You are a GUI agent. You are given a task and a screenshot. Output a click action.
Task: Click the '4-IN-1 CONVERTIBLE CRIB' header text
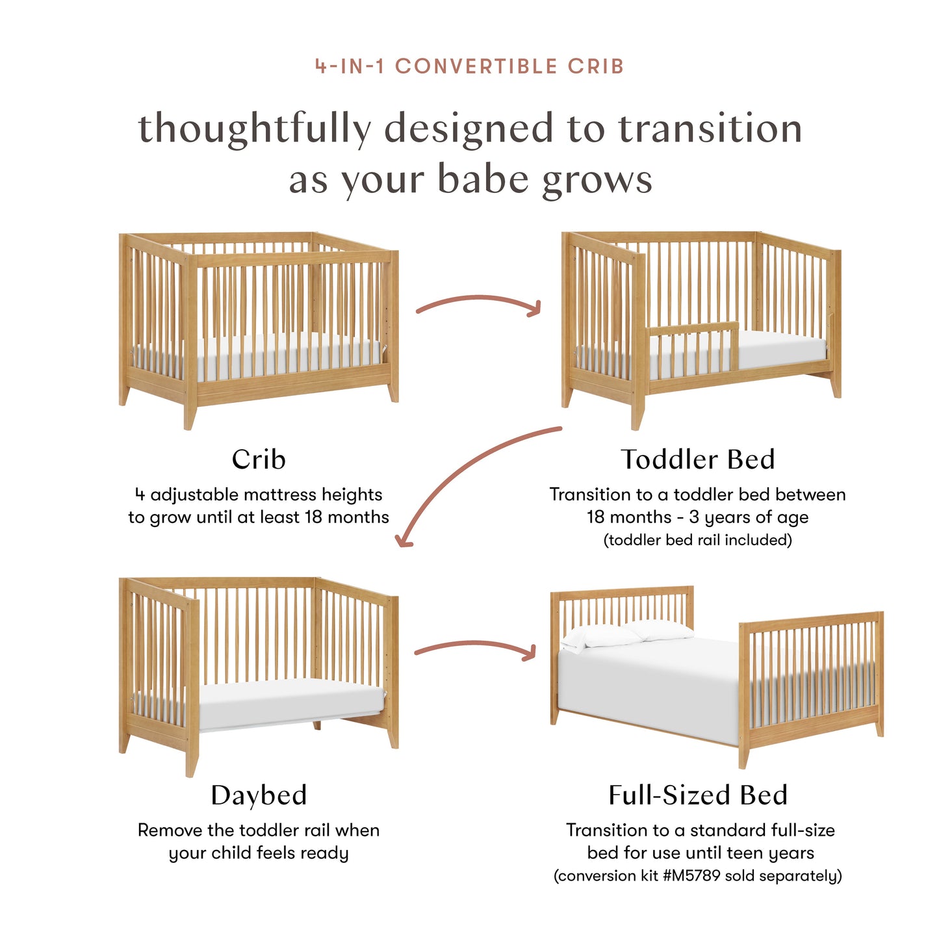[469, 66]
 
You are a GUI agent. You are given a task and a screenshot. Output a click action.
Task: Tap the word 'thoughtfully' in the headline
[254, 128]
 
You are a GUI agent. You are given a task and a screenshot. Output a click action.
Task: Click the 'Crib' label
[259, 459]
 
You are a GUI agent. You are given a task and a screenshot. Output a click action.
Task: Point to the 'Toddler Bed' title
[697, 459]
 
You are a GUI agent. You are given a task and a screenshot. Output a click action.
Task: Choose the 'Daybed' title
[259, 795]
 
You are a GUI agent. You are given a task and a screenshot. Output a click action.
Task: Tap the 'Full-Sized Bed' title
[698, 795]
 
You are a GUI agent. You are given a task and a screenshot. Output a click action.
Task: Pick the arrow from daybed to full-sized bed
[475, 647]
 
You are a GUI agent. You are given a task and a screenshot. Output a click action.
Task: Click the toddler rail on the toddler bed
[693, 348]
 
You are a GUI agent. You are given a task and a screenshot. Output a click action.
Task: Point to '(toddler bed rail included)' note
[697, 540]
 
